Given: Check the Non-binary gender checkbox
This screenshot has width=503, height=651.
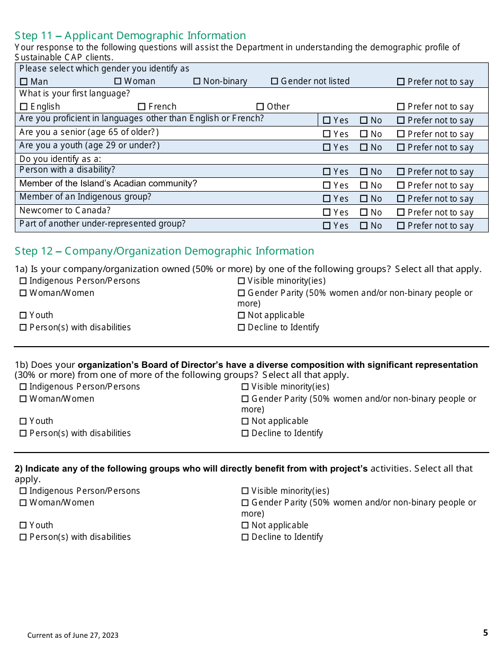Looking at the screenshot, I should [197, 82].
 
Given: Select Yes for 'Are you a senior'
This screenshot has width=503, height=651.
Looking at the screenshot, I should [327, 134].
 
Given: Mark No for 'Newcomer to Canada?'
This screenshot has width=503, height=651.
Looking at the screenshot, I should [364, 213].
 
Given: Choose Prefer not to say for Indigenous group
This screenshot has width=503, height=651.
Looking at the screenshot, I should [401, 199].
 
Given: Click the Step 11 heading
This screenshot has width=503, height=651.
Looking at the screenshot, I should [130, 35].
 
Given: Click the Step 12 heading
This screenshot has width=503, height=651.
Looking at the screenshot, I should [164, 251].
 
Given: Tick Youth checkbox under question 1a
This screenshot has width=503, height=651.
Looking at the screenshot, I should [23, 315].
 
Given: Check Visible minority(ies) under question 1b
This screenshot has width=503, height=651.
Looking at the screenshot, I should [245, 387].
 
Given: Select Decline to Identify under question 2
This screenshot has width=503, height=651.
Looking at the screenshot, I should [245, 537].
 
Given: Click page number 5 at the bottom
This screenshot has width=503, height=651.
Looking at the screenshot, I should [485, 632].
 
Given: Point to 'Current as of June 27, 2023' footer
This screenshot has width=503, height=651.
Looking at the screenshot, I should [73, 635].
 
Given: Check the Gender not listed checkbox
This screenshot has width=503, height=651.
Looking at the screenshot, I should [275, 82].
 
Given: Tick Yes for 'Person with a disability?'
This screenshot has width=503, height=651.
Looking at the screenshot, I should [327, 172].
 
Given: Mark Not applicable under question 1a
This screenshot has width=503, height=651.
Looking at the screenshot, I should [241, 315].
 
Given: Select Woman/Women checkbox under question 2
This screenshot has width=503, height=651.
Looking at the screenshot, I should [23, 503].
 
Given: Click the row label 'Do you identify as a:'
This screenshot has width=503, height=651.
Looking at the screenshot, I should [60, 159].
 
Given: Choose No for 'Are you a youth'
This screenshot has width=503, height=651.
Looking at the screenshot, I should [364, 148].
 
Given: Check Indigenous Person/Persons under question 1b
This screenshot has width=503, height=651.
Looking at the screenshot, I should [23, 387].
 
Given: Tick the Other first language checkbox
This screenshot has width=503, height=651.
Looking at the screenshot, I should [260, 107].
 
